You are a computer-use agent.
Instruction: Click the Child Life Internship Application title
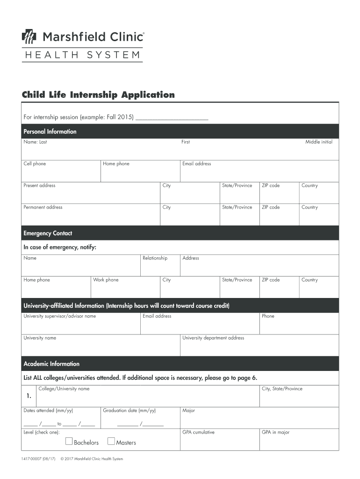(98, 95)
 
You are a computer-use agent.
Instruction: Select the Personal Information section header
(50, 131)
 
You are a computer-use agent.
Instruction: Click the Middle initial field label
(319, 142)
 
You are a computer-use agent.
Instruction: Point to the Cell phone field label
(35, 164)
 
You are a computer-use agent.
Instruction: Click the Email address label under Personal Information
(196, 164)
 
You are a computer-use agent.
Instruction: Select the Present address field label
(39, 185)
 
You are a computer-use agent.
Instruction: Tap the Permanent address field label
(43, 207)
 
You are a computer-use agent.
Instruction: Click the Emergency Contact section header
(48, 233)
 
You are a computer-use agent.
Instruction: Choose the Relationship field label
(155, 258)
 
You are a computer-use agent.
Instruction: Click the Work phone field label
(106, 280)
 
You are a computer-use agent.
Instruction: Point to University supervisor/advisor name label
(59, 316)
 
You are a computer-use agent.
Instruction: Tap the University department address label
(213, 338)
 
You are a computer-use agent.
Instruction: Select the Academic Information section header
(51, 363)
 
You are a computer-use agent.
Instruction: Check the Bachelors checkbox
(69, 441)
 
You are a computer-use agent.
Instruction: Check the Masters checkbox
(111, 441)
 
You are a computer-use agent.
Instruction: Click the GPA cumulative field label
(198, 432)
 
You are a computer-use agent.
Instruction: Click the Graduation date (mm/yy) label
(129, 410)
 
